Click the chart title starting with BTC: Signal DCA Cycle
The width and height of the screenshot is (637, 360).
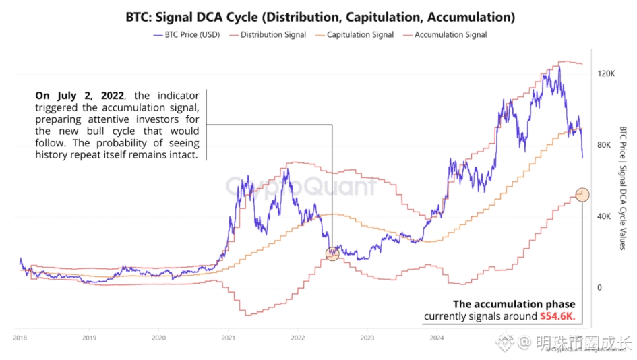(x=320, y=16)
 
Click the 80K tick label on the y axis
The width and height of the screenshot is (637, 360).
(x=605, y=144)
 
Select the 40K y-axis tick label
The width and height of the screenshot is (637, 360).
(x=605, y=216)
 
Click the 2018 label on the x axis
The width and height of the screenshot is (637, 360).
(x=19, y=338)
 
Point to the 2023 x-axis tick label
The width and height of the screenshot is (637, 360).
(x=367, y=338)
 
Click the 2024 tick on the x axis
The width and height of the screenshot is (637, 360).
(x=436, y=338)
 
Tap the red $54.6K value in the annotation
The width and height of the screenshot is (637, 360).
(x=557, y=316)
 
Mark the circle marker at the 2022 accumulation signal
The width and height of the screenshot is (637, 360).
(x=332, y=253)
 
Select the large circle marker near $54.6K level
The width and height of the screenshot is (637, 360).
(x=582, y=195)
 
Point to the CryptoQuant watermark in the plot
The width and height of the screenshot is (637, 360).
(x=301, y=186)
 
